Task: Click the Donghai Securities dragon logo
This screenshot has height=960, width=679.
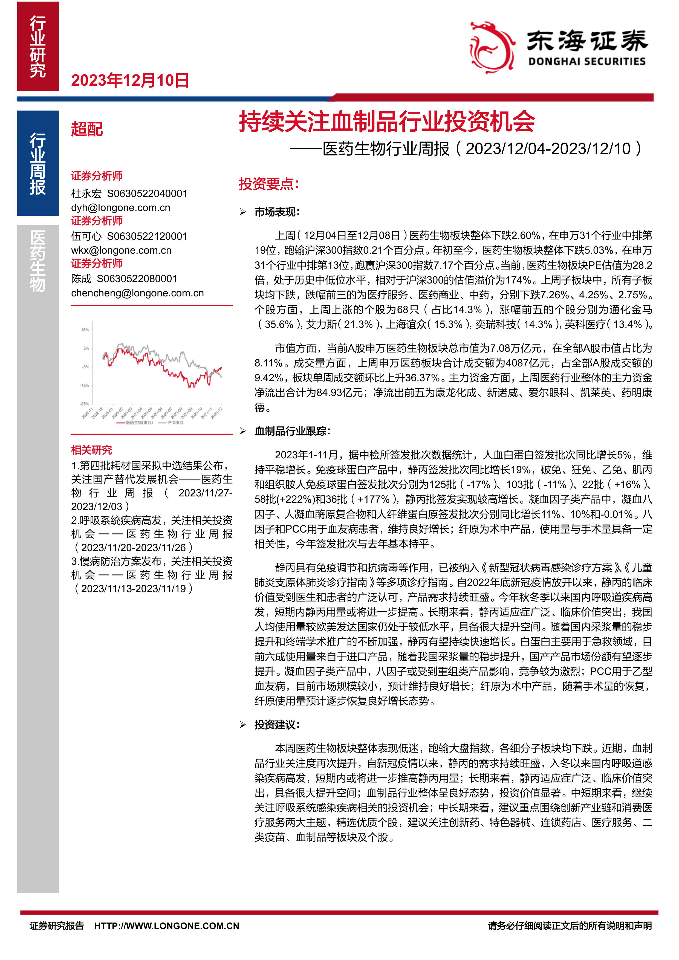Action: tap(492, 47)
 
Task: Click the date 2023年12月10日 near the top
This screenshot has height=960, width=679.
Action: tap(130, 80)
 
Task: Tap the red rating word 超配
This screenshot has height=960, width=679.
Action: tap(86, 129)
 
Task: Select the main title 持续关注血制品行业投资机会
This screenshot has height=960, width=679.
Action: tap(387, 122)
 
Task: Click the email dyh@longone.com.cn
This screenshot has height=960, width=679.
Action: tap(120, 208)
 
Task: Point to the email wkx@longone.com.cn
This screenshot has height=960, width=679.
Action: tap(121, 250)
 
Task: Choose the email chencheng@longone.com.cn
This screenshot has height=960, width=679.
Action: tap(137, 293)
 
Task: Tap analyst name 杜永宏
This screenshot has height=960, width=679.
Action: tap(86, 193)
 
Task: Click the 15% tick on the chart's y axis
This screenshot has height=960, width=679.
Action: tap(85, 330)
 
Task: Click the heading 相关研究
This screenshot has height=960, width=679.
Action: tap(92, 450)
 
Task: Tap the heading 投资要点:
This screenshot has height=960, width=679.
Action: tap(269, 184)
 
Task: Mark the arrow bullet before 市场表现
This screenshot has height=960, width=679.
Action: tap(243, 212)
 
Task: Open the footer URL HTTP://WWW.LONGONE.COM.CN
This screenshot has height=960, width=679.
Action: tap(166, 926)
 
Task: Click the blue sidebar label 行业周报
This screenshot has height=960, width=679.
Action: tap(37, 163)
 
